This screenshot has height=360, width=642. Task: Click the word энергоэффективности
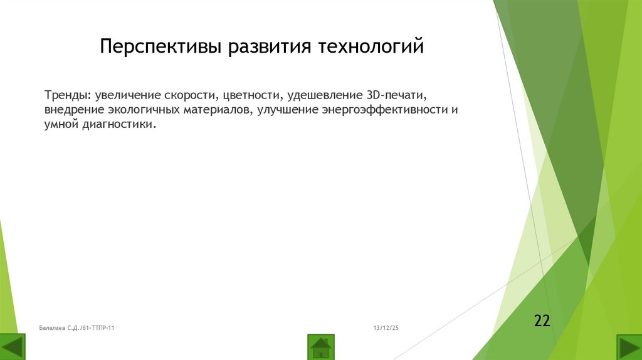coord(377,110)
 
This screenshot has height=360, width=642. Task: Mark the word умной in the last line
coord(60,125)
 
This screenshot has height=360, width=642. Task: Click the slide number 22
coord(542,321)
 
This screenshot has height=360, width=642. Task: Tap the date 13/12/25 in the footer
coord(386,328)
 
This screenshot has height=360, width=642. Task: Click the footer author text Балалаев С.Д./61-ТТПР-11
coord(76,328)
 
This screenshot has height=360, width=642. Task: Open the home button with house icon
coord(321,347)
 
